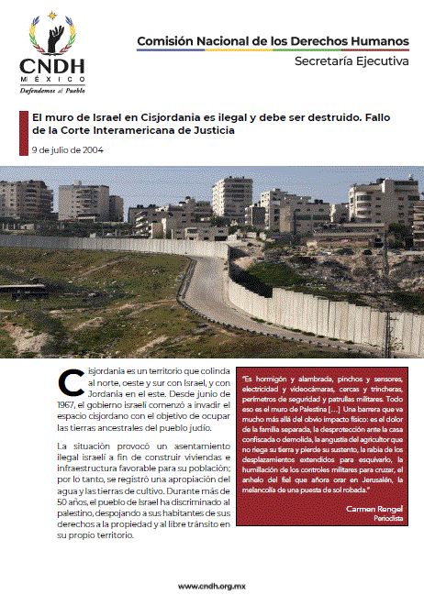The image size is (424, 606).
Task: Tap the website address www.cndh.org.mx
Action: (x=212, y=588)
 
